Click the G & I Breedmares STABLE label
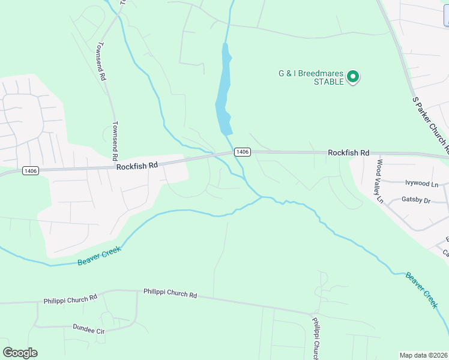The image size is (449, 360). click(x=311, y=77)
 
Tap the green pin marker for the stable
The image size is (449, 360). click(x=354, y=77)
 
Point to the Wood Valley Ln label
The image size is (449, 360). click(x=379, y=179)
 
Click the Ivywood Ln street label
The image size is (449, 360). click(x=422, y=184)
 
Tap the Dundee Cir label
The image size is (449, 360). click(x=88, y=329)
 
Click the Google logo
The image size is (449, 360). click(x=20, y=353)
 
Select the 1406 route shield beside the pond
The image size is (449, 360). click(x=242, y=152)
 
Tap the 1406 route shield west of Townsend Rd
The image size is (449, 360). click(x=31, y=171)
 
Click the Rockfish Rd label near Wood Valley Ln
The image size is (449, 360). click(x=348, y=153)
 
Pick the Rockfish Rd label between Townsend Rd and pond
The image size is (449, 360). click(x=137, y=165)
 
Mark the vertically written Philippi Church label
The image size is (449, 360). click(x=316, y=338)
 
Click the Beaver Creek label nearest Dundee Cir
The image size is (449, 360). click(x=99, y=256)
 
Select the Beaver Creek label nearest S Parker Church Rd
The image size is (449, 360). click(x=421, y=290)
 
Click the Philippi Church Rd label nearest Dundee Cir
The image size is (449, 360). click(x=70, y=298)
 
